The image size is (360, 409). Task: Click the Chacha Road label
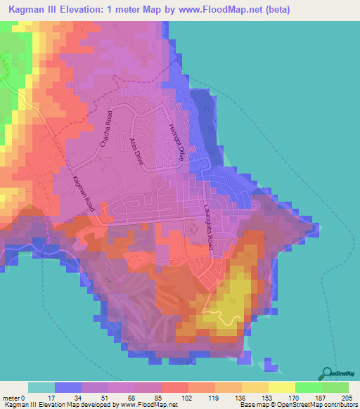tap(105, 129)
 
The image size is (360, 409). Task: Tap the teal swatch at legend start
tap(41, 387)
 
